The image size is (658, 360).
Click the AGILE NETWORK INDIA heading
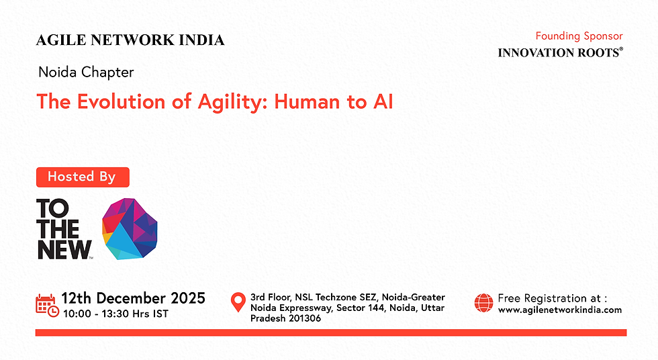coord(130,40)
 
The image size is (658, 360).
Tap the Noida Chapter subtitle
coord(86,72)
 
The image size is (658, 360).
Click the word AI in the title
coord(379,102)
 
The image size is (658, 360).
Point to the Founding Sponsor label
coord(579,36)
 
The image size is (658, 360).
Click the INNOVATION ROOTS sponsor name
coord(559,52)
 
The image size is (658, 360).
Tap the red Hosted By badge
coord(82,177)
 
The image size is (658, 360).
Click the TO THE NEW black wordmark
coord(63,229)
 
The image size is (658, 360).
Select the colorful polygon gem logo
coord(130,228)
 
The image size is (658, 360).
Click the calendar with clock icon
coord(46,304)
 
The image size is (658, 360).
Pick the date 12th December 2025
coord(133,298)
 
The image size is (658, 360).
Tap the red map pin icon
coord(238,302)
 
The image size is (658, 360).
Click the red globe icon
coord(483,303)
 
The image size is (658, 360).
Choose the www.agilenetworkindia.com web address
coord(559,310)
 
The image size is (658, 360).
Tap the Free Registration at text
coord(552,298)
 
